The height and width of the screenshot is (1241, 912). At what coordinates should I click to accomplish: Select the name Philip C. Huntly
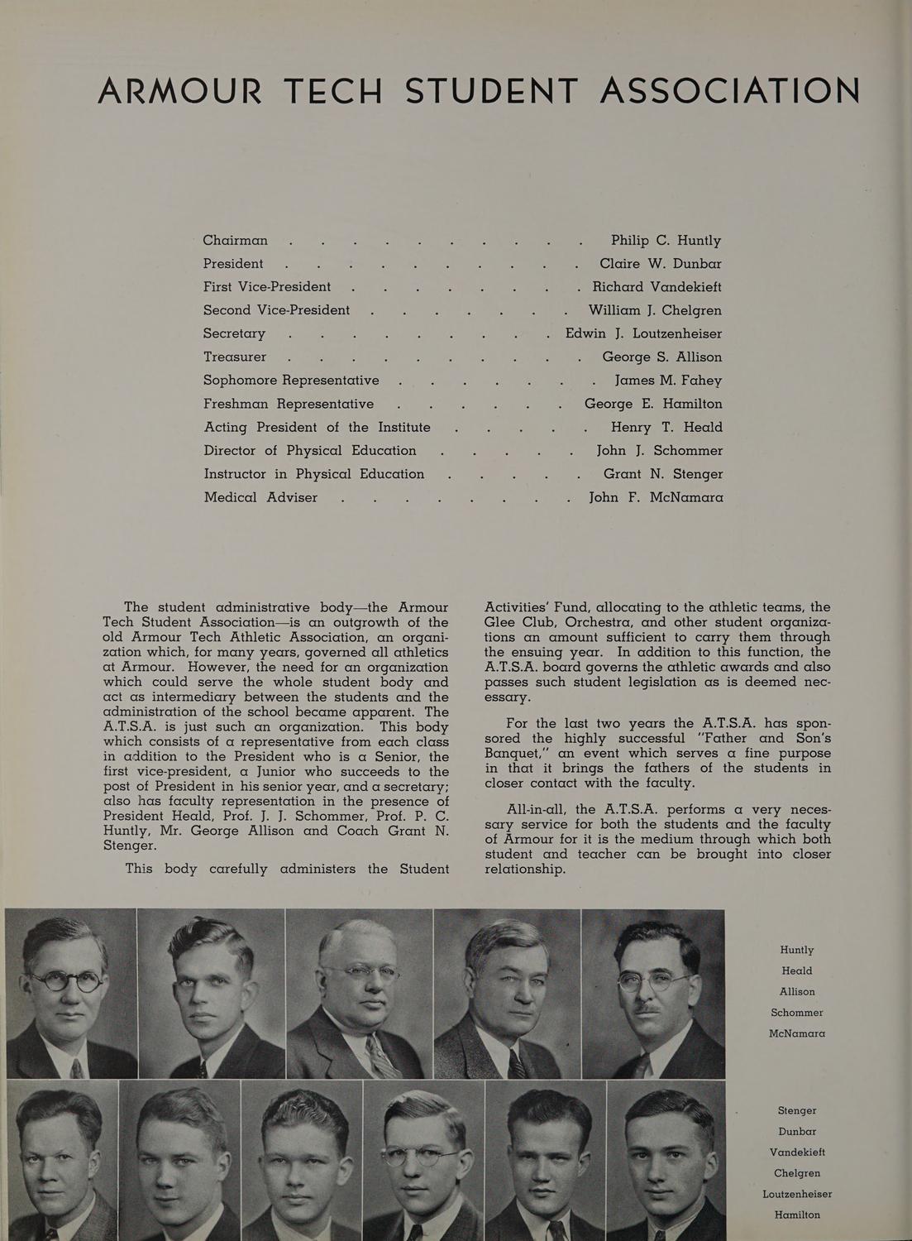point(666,241)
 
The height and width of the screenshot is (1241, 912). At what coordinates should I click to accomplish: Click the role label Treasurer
point(235,357)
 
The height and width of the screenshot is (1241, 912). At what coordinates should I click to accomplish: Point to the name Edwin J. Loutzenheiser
point(643,334)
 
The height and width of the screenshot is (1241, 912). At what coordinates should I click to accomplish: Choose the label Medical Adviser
point(260,497)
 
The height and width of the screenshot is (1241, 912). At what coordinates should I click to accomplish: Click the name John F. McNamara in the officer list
point(656,497)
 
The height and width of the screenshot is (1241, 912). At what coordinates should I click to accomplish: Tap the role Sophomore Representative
point(291,381)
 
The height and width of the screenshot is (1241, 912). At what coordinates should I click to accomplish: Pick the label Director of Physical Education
point(310,451)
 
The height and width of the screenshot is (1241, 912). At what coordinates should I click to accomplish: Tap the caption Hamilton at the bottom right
point(796,1215)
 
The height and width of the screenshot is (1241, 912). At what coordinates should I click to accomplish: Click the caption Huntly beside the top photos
point(796,950)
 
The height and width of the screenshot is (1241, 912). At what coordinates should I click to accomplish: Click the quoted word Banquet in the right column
point(517,754)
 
